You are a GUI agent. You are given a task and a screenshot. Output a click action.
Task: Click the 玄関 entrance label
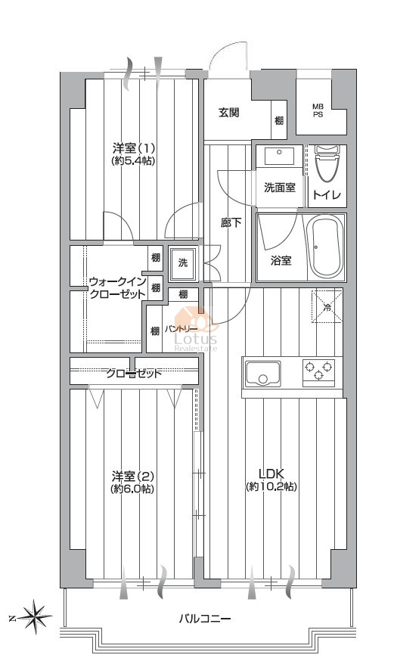(228, 113)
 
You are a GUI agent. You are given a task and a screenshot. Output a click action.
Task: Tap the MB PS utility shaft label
(318, 110)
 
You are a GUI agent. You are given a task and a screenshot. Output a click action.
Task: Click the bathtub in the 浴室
(326, 247)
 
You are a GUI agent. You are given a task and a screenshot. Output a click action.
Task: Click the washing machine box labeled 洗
(183, 263)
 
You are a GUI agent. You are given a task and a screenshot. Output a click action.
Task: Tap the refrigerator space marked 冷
(327, 307)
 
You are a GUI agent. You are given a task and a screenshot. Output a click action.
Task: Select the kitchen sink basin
(263, 373)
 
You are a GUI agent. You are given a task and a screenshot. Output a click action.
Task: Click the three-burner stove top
(319, 372)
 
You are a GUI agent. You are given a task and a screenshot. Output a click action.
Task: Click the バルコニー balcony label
(206, 619)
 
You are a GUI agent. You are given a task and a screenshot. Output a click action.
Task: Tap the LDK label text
(271, 474)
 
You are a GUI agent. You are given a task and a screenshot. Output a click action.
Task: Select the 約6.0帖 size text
(132, 489)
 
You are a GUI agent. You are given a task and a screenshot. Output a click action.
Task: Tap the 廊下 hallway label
(231, 222)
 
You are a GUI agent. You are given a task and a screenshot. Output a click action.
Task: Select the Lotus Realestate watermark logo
(196, 330)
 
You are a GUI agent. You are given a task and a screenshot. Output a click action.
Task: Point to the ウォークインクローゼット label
(117, 287)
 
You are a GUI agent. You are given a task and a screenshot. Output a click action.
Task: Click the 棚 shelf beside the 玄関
(279, 121)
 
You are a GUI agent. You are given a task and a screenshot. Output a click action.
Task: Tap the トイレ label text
(327, 196)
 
